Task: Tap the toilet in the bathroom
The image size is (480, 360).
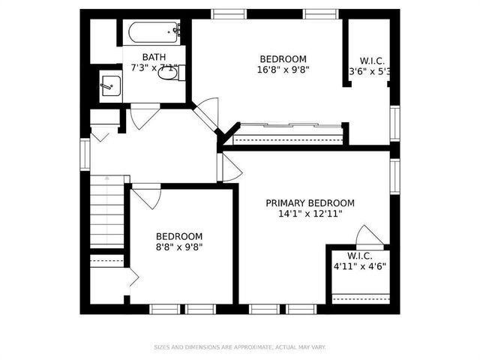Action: (x=169, y=72)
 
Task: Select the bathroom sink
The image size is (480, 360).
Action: (x=110, y=84)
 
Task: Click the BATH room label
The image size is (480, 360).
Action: (x=154, y=57)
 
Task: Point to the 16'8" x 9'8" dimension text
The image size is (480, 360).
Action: (x=283, y=70)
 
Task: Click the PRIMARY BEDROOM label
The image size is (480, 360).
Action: (x=310, y=203)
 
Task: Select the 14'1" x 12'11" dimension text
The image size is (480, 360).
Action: (x=310, y=214)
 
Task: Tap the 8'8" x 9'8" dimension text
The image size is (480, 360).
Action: (x=179, y=246)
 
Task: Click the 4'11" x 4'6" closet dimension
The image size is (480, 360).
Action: (x=361, y=265)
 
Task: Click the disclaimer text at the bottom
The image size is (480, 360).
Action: (x=239, y=347)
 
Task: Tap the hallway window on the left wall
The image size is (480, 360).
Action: (x=85, y=154)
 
